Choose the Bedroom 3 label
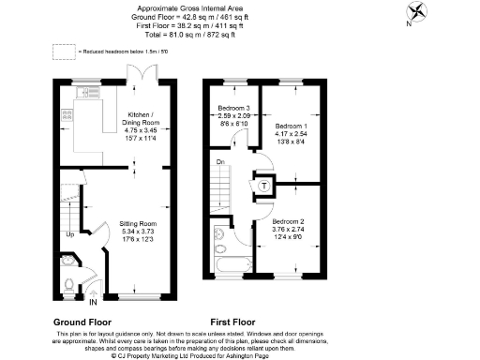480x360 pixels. [x=232, y=106]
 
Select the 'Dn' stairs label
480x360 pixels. [x=219, y=163]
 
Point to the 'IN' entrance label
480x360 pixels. [x=92, y=303]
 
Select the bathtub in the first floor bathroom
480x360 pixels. [x=231, y=274]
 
